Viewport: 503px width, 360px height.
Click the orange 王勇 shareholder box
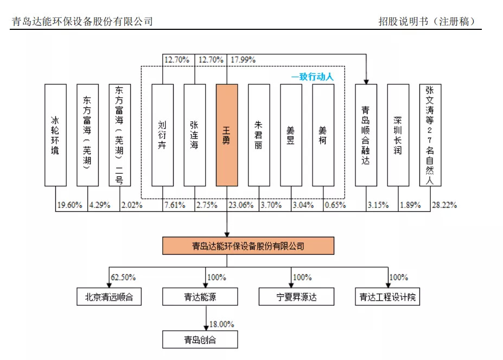click(227, 135)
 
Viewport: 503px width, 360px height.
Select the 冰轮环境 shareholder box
click(55, 135)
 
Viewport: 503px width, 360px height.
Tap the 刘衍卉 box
click(162, 135)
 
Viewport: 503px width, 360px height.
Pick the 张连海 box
click(195, 135)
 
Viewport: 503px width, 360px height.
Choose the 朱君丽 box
click(259, 135)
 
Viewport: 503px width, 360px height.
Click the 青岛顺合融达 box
click(366, 135)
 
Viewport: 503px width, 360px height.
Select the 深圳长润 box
click(398, 135)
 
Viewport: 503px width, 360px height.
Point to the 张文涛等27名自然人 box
click(430, 135)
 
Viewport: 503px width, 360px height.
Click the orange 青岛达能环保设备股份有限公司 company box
click(248, 246)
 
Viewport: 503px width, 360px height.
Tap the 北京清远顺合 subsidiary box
click(109, 297)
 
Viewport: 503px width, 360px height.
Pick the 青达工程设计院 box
click(389, 297)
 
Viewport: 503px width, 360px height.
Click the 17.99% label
click(243, 60)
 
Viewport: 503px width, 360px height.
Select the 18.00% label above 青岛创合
click(221, 324)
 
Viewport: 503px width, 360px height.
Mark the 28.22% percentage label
click(444, 205)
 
